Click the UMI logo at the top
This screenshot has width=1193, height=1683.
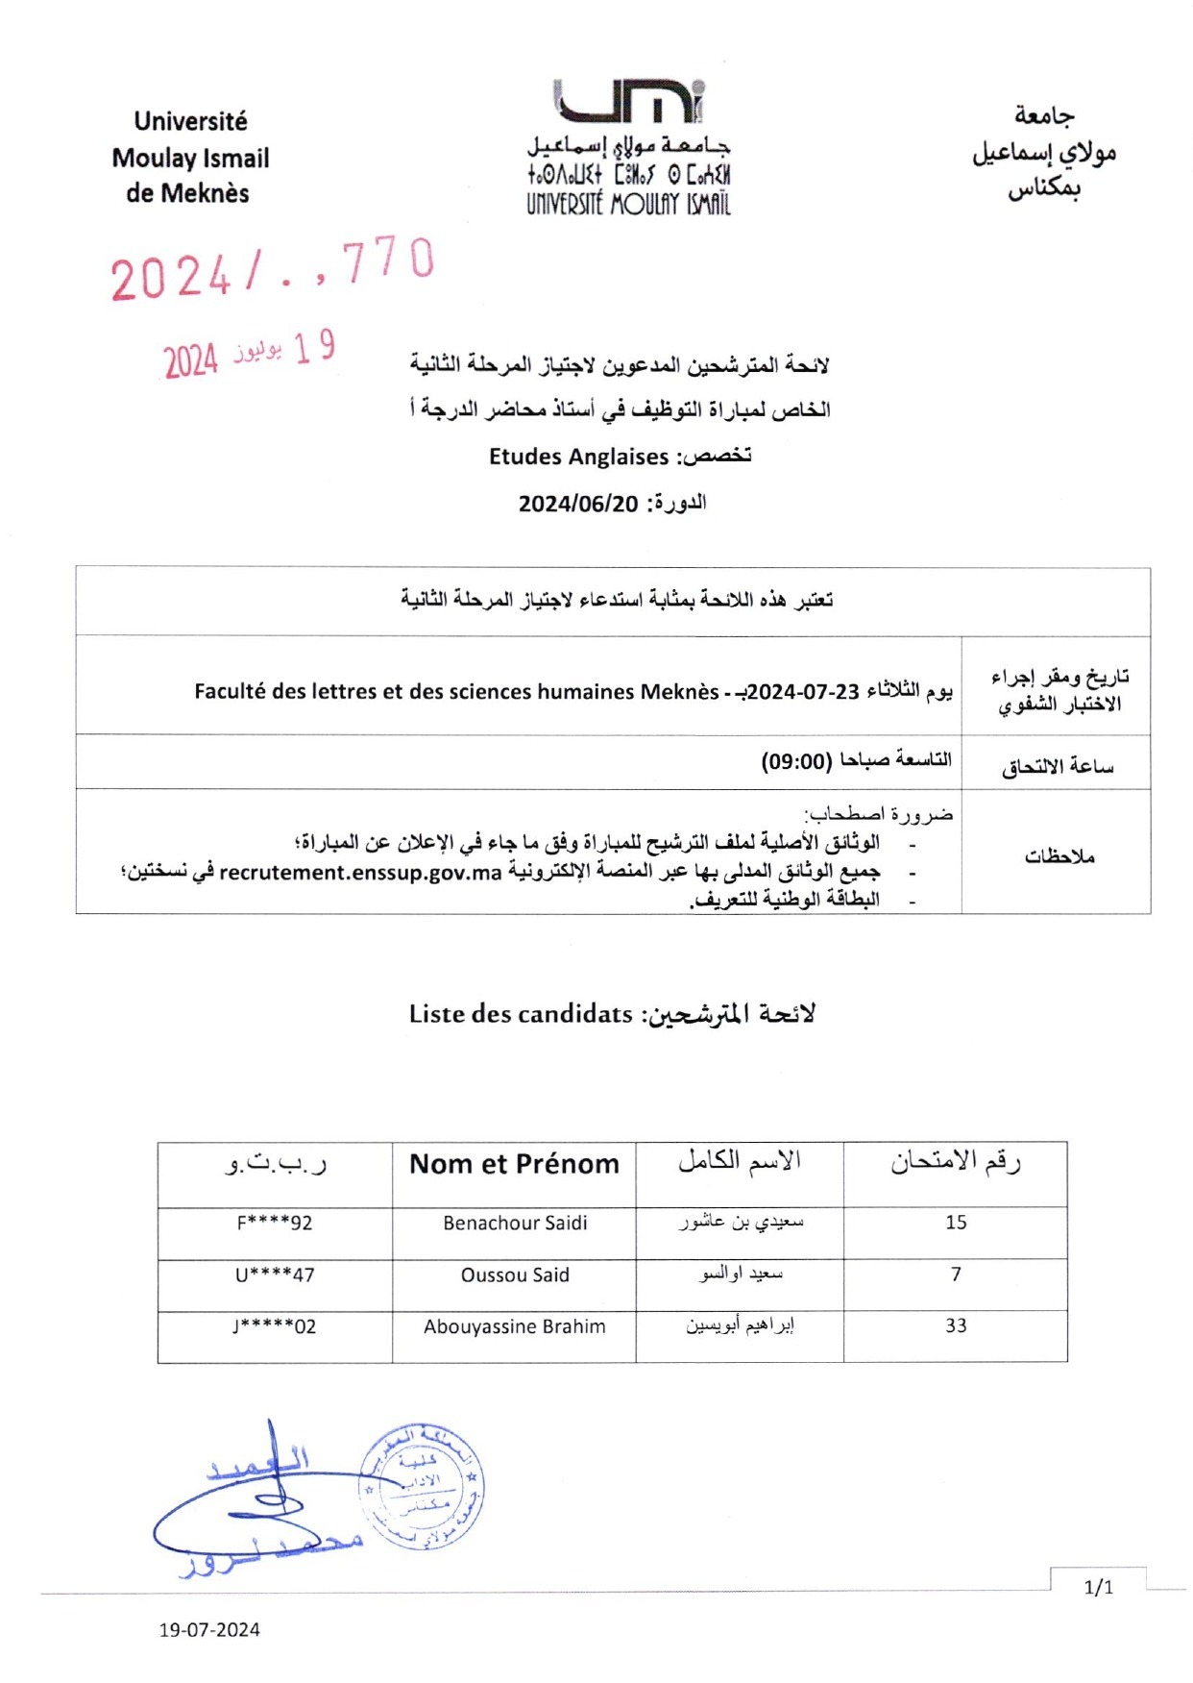coord(628,102)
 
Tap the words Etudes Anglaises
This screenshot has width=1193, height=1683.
coord(578,457)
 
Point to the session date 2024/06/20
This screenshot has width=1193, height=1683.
coord(578,504)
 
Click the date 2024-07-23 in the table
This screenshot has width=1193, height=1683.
coord(803,692)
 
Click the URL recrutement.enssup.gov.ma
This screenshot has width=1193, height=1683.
coord(361,873)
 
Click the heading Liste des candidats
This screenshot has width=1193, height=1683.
coord(521,1014)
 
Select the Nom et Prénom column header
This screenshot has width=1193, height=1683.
coord(514,1164)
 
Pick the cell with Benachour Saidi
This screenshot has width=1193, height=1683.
coord(515,1224)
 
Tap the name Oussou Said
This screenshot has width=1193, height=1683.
coord(515,1275)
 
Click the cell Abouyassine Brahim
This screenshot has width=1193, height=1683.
coord(515,1327)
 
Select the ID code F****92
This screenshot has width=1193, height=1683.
coord(275,1224)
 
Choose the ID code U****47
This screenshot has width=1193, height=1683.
coord(275,1275)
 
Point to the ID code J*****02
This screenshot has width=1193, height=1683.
coord(275,1327)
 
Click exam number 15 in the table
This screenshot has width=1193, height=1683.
coord(956,1223)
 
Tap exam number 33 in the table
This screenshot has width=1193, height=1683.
coord(956,1326)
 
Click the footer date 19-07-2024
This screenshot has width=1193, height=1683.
coord(209,1630)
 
